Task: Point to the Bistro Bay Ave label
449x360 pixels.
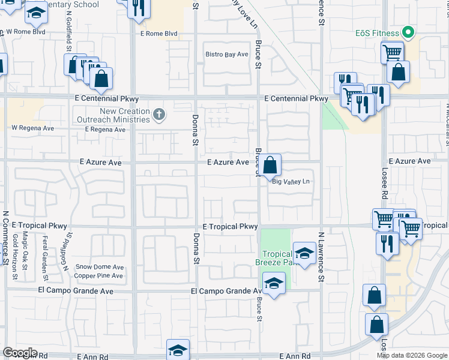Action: tap(227, 55)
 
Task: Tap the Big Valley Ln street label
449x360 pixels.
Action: tap(291, 182)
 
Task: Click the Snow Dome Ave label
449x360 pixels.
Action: tap(99, 268)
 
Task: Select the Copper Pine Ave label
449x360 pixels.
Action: tap(98, 276)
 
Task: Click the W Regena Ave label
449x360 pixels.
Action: tap(32, 128)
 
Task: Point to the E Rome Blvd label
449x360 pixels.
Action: tap(159, 34)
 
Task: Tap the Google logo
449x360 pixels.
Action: tap(20, 353)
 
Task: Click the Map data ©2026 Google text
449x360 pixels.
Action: tap(412, 355)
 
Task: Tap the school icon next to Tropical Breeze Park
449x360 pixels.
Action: tap(304, 253)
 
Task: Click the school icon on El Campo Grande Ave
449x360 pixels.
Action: tap(274, 283)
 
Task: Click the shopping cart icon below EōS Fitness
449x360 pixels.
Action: tap(392, 52)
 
